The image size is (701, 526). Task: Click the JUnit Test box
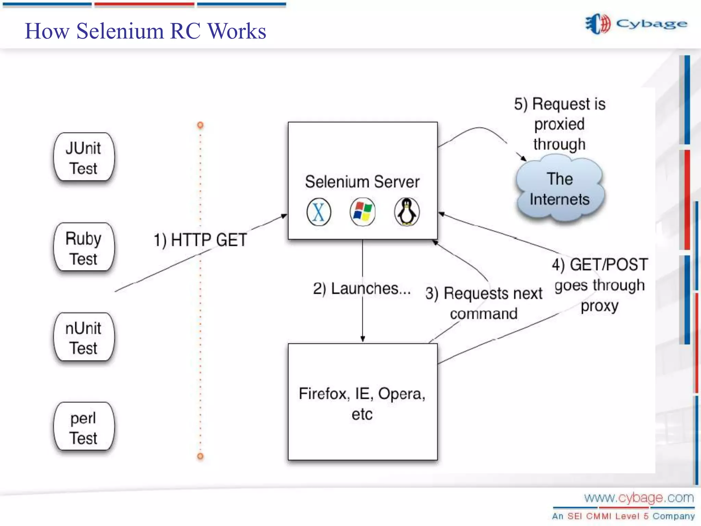(84, 157)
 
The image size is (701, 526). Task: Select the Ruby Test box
(84, 247)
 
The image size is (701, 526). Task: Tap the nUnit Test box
(84, 337)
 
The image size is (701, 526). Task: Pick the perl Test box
(84, 427)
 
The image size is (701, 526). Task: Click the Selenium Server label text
(362, 182)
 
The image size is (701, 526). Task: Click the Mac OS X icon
(319, 212)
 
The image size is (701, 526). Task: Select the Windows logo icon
(362, 212)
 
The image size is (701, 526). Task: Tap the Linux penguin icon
(407, 212)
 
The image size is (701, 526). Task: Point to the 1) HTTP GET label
(200, 240)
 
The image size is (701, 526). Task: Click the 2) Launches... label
(361, 289)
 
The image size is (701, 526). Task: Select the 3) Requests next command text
(484, 303)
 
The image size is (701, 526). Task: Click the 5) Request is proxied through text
(560, 124)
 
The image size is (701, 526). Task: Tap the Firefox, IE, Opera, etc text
(362, 403)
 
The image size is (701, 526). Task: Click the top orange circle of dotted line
(200, 125)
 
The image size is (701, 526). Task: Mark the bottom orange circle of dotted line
(200, 456)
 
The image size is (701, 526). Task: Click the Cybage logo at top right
(636, 24)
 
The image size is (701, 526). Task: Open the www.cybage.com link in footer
(639, 498)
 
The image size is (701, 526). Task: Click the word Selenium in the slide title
(120, 31)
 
